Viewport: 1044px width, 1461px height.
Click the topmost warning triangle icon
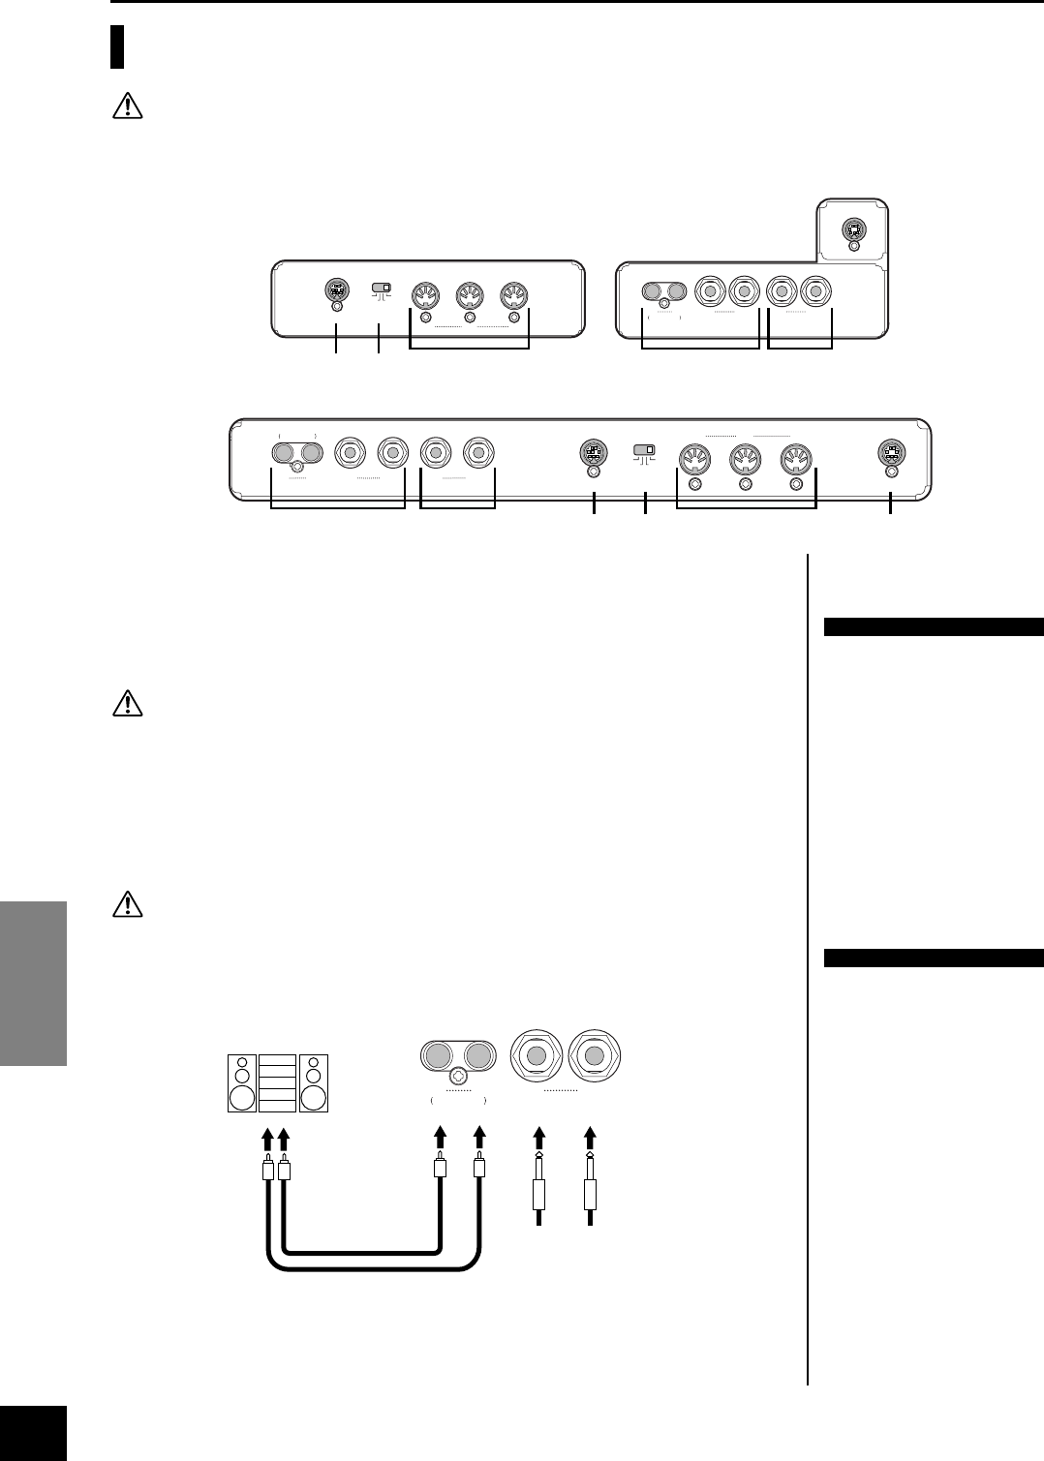pos(127,107)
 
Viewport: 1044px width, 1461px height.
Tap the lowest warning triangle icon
pos(127,903)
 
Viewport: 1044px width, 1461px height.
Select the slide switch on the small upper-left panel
pos(381,289)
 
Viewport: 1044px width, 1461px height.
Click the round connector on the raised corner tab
pos(853,229)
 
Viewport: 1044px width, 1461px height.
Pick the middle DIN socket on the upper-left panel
pos(470,295)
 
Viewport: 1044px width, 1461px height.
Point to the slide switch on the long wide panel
pos(643,450)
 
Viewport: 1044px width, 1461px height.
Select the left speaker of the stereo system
pos(242,1082)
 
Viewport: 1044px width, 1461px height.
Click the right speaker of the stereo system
pos(314,1082)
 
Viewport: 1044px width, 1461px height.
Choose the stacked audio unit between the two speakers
pos(278,1082)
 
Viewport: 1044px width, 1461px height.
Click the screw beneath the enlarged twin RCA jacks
pos(459,1075)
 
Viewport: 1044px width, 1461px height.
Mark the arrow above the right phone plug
pos(591,1140)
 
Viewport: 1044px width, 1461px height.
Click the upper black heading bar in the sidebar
pos(934,626)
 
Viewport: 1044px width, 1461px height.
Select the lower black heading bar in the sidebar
pos(934,959)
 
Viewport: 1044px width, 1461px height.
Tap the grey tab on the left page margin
pos(34,984)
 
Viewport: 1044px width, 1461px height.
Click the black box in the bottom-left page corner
pos(33,1434)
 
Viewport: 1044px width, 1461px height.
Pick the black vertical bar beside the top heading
pos(117,46)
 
